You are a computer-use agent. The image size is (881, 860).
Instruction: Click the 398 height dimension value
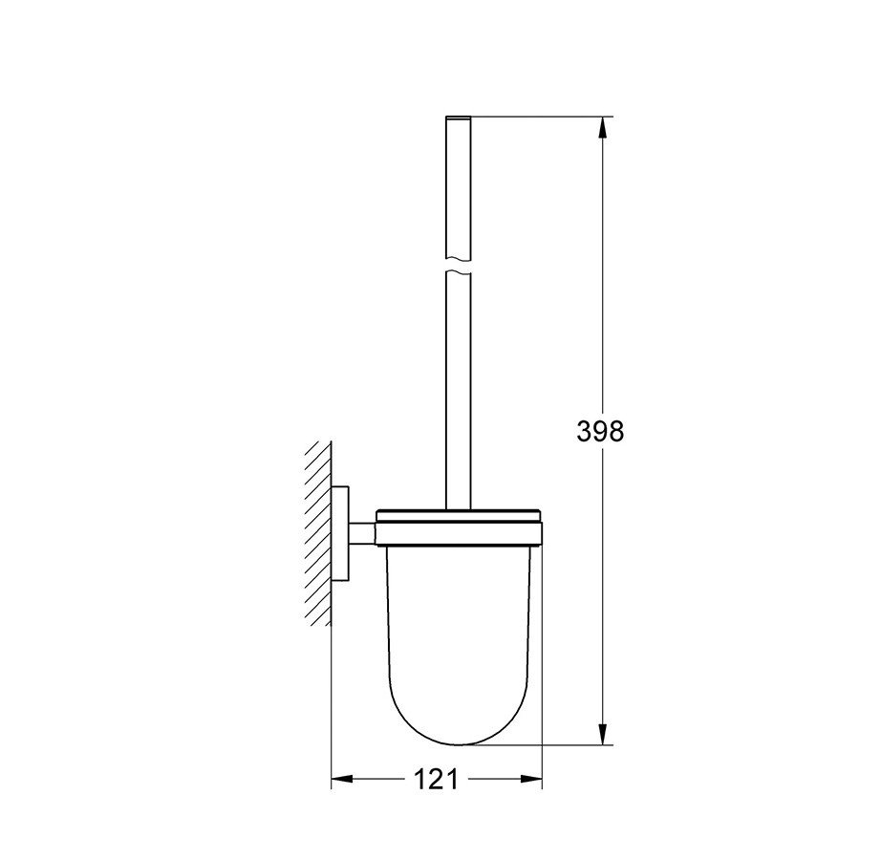pyautogui.click(x=600, y=431)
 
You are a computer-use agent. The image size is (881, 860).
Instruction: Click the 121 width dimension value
pyautogui.click(x=437, y=781)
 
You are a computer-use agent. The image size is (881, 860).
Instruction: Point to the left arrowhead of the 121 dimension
pyautogui.click(x=340, y=781)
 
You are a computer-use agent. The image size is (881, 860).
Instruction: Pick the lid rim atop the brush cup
pyautogui.click(x=461, y=520)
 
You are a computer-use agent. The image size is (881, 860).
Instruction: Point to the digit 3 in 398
pyautogui.click(x=584, y=431)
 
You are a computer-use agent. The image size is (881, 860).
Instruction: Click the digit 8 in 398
pyautogui.click(x=616, y=431)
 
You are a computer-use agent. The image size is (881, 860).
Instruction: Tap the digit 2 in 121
pyautogui.click(x=437, y=781)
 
